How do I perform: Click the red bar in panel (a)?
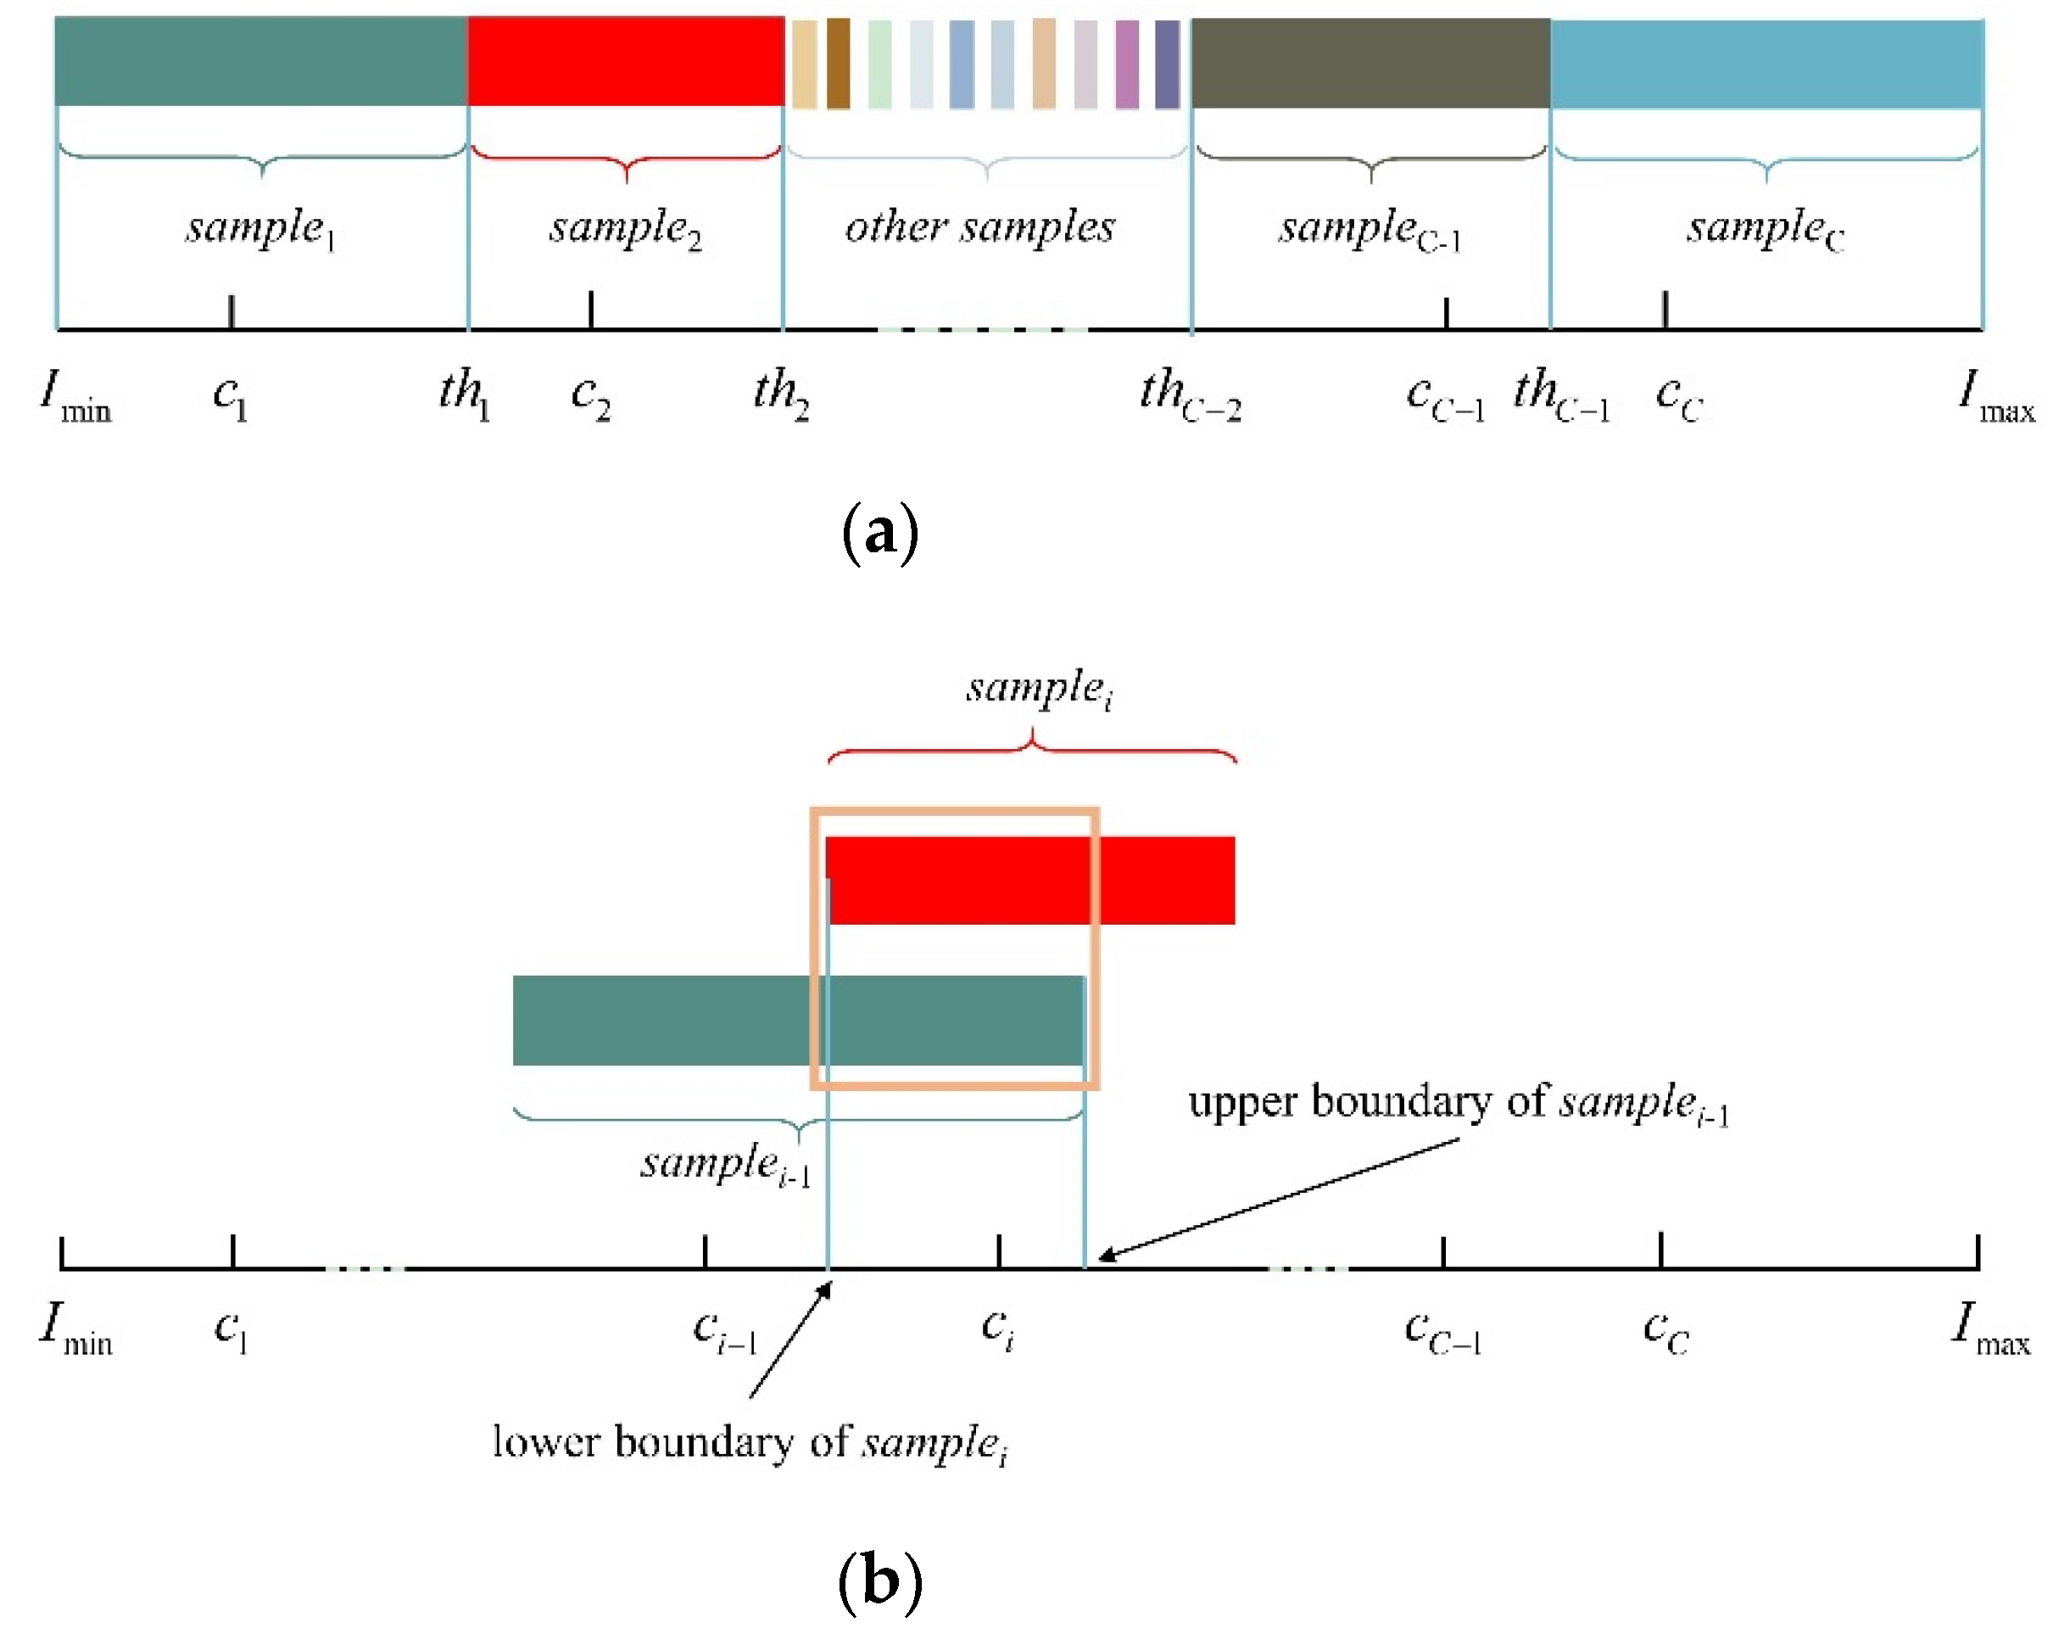click(x=625, y=61)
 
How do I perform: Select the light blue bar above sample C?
click(x=1766, y=63)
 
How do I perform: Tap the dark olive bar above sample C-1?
click(x=1370, y=63)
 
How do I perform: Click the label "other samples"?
click(x=979, y=227)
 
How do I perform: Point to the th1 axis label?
click(x=465, y=393)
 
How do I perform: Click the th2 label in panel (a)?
click(x=781, y=393)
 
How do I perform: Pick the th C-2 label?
click(x=1191, y=394)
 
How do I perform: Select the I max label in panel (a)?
click(x=1996, y=394)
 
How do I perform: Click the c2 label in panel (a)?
click(x=590, y=394)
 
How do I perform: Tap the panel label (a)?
click(x=880, y=532)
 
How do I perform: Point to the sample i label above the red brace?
click(x=1038, y=688)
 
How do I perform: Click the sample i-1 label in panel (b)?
click(x=726, y=1164)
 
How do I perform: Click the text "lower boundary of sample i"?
click(x=750, y=1444)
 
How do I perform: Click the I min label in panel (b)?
click(x=76, y=1328)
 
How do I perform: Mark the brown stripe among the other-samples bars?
click(x=838, y=63)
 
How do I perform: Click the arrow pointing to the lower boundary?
click(x=790, y=1339)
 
